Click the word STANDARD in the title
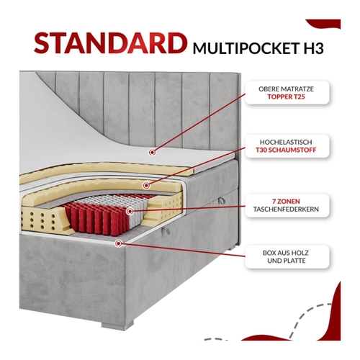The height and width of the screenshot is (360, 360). click(110, 43)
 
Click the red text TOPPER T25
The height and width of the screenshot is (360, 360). click(286, 96)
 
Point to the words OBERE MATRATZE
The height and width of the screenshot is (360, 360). click(286, 89)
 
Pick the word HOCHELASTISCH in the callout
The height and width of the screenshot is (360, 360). click(286, 142)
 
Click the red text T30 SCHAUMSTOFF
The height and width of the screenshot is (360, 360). click(286, 150)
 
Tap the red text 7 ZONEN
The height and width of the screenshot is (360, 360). click(286, 201)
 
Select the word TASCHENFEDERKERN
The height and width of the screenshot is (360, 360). click(286, 209)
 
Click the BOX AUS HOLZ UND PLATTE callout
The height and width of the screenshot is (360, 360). click(286, 256)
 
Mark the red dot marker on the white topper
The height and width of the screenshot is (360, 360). click(152, 152)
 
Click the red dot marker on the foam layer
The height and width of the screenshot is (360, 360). click(146, 185)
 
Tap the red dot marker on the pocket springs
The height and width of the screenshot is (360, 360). click(130, 211)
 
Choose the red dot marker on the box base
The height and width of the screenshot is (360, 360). click(118, 243)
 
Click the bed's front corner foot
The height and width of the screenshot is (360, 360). click(117, 325)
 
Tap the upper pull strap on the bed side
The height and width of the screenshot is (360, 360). click(222, 201)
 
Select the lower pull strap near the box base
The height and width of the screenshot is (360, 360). click(165, 230)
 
